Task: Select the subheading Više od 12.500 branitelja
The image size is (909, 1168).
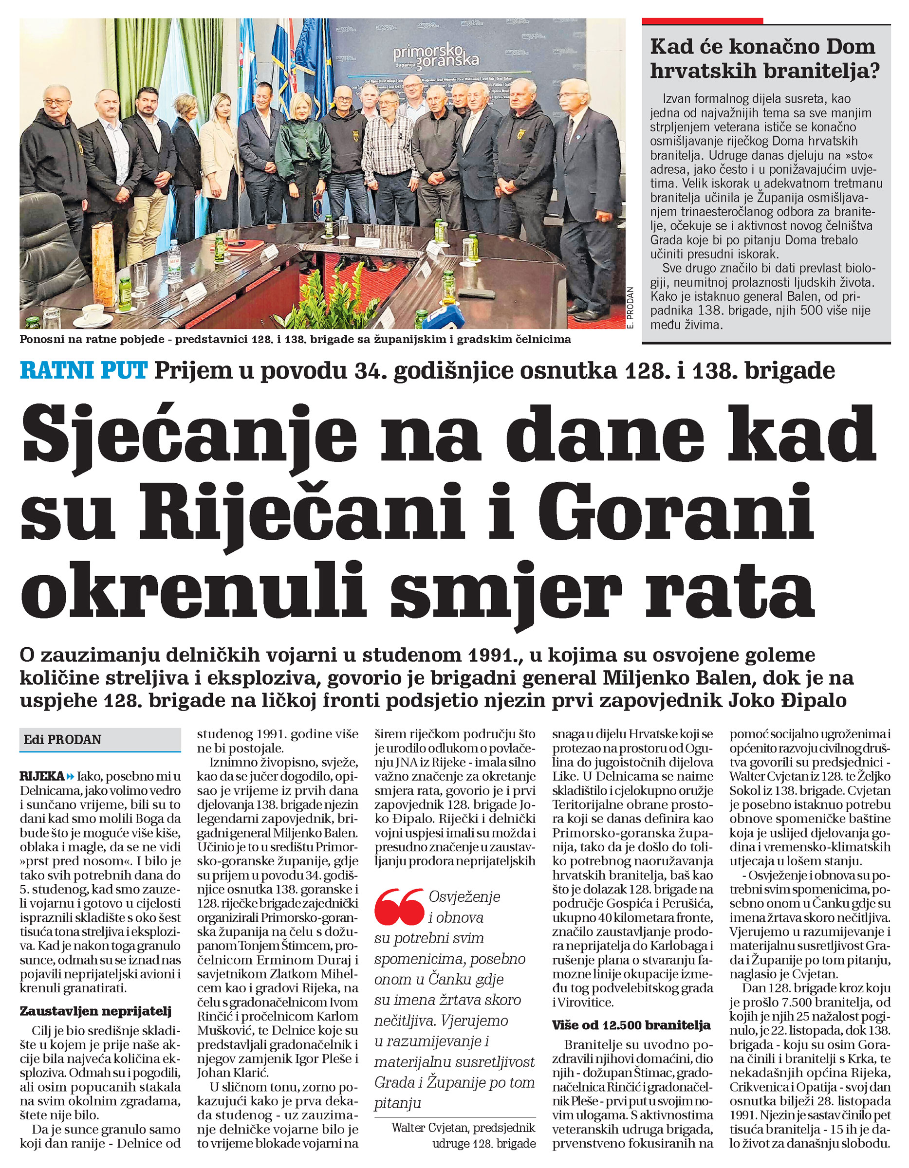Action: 631,1025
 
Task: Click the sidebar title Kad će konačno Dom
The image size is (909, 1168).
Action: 762,47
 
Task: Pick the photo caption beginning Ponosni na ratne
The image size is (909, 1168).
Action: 295,340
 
